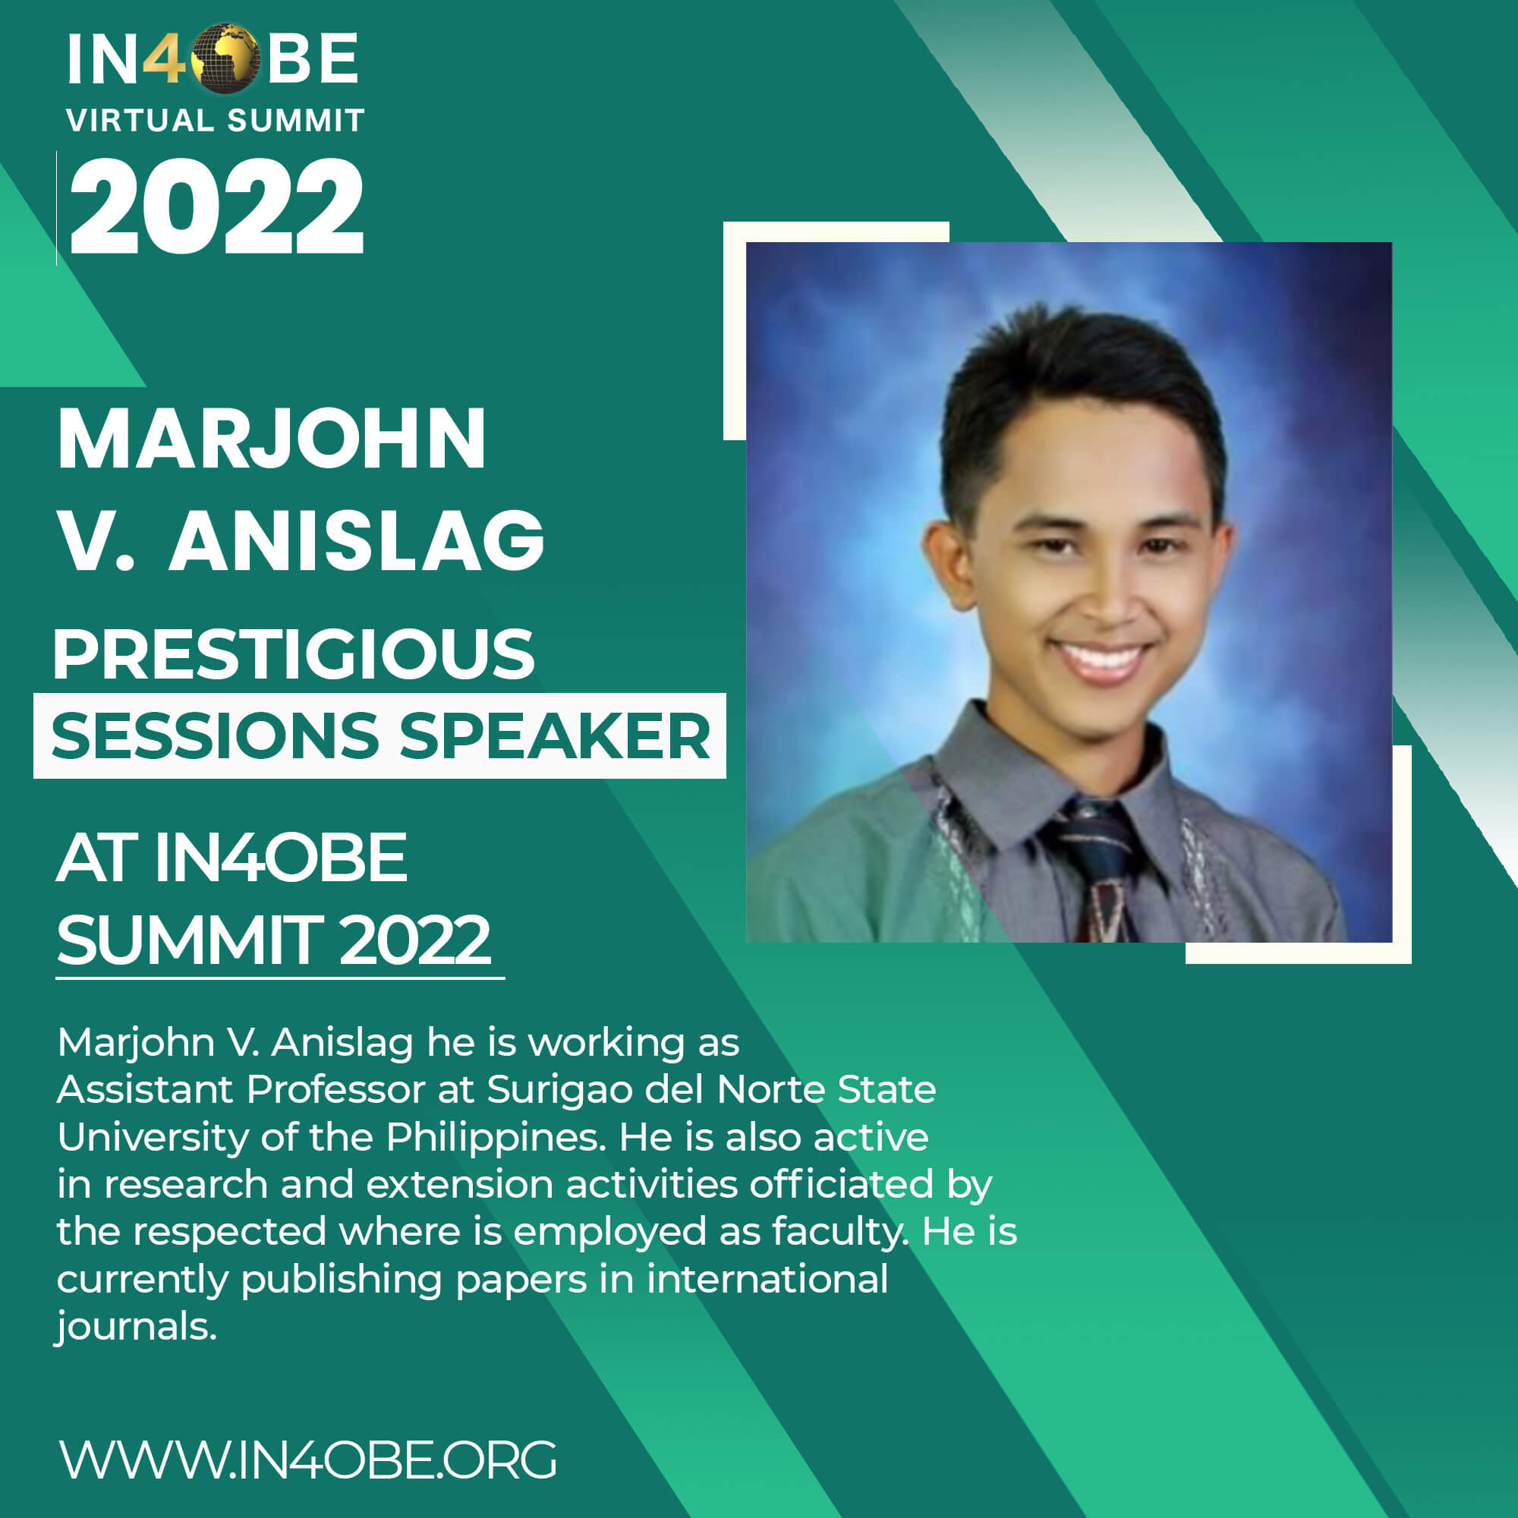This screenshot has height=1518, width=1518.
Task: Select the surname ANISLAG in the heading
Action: (357, 540)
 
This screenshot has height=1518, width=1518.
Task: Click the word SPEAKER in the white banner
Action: (555, 736)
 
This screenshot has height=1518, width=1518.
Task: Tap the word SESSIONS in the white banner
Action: (215, 736)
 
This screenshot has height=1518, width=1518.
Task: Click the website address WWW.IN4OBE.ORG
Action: (308, 1460)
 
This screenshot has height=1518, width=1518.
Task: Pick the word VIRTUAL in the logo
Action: (140, 121)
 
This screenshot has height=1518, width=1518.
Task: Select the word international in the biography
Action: (767, 1279)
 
